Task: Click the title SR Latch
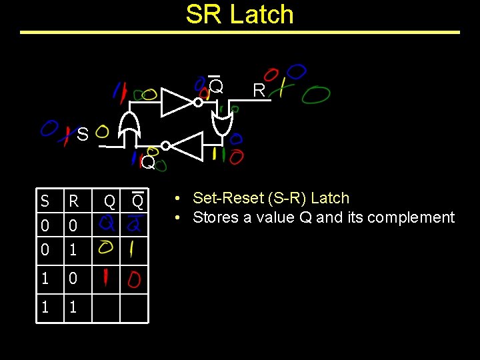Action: tap(240, 14)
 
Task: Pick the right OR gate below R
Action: tap(219, 121)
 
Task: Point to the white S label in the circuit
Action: tap(82, 135)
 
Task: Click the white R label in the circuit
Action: tap(259, 90)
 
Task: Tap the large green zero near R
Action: tap(315, 95)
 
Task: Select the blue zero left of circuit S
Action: tap(49, 127)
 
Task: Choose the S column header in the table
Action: tap(45, 201)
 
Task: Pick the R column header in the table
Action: tap(74, 201)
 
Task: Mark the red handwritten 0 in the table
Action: tap(136, 277)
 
